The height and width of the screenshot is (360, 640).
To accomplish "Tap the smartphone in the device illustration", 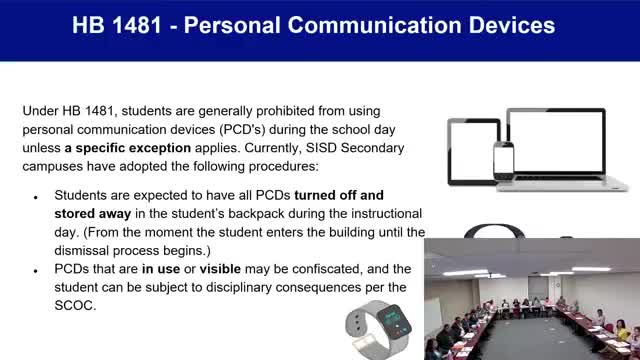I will click(503, 159).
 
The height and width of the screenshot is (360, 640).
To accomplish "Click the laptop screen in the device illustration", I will click(556, 144).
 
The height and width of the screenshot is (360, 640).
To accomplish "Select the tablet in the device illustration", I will click(473, 151).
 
